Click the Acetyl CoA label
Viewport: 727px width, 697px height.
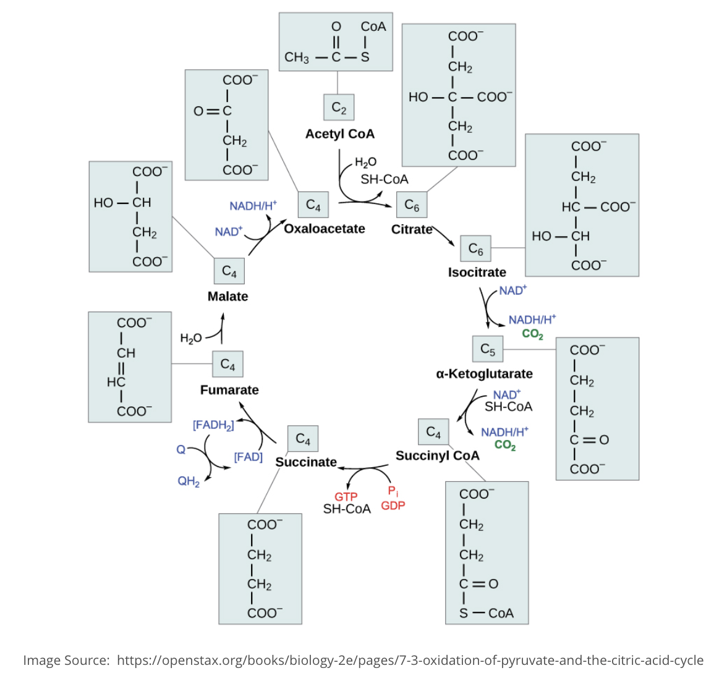pyautogui.click(x=340, y=134)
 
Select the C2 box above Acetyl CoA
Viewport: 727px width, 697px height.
pyautogui.click(x=339, y=108)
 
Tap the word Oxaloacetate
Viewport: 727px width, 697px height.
pyautogui.click(x=325, y=229)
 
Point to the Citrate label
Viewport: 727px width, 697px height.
pyautogui.click(x=412, y=229)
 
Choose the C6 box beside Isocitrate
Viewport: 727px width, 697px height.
pyautogui.click(x=475, y=249)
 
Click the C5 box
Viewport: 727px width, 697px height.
pyautogui.click(x=488, y=350)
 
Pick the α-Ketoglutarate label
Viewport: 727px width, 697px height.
pyautogui.click(x=484, y=374)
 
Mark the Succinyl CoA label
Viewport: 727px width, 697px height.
pyautogui.click(x=437, y=455)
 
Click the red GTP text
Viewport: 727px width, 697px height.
pyautogui.click(x=346, y=497)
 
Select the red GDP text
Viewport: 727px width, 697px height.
pyautogui.click(x=393, y=505)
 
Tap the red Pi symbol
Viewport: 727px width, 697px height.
pyautogui.click(x=393, y=491)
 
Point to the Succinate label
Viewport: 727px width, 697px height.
pyautogui.click(x=306, y=462)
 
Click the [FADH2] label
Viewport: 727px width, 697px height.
pyautogui.click(x=213, y=425)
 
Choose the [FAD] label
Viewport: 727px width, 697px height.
pyautogui.click(x=248, y=457)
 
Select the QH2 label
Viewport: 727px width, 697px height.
pyautogui.click(x=189, y=481)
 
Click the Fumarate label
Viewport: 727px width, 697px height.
pyautogui.click(x=229, y=390)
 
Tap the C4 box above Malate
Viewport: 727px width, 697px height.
pyautogui.click(x=229, y=271)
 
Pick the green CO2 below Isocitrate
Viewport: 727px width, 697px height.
pyautogui.click(x=532, y=334)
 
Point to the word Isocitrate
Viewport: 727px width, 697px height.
pyautogui.click(x=477, y=272)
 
